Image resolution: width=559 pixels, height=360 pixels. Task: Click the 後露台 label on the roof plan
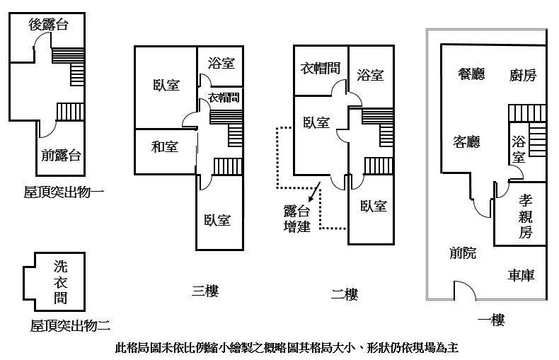(49, 25)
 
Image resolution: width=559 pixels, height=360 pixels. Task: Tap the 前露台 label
(61, 155)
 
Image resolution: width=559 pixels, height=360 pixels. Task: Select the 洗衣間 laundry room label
(61, 282)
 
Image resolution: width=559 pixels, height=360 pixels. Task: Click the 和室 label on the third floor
(165, 146)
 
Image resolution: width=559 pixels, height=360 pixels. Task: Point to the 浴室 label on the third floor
(221, 63)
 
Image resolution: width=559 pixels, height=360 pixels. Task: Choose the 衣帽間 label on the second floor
(320, 68)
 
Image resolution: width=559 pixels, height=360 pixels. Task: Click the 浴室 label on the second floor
(370, 75)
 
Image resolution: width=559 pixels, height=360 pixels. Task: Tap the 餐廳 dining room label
(471, 74)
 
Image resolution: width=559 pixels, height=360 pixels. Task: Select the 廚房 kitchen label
(523, 75)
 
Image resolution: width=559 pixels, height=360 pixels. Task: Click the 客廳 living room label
(467, 141)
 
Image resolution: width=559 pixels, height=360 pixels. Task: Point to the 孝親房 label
(526, 216)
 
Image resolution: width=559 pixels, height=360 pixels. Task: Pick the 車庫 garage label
(521, 275)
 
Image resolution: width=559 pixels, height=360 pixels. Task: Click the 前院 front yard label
(463, 252)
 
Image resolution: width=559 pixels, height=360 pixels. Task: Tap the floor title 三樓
(205, 291)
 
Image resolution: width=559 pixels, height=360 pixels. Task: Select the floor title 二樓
(345, 294)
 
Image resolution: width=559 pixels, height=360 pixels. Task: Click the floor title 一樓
(491, 320)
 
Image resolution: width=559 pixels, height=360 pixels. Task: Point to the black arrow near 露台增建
(314, 192)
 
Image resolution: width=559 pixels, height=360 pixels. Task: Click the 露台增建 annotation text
(297, 219)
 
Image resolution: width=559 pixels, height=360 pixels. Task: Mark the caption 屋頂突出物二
(70, 325)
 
